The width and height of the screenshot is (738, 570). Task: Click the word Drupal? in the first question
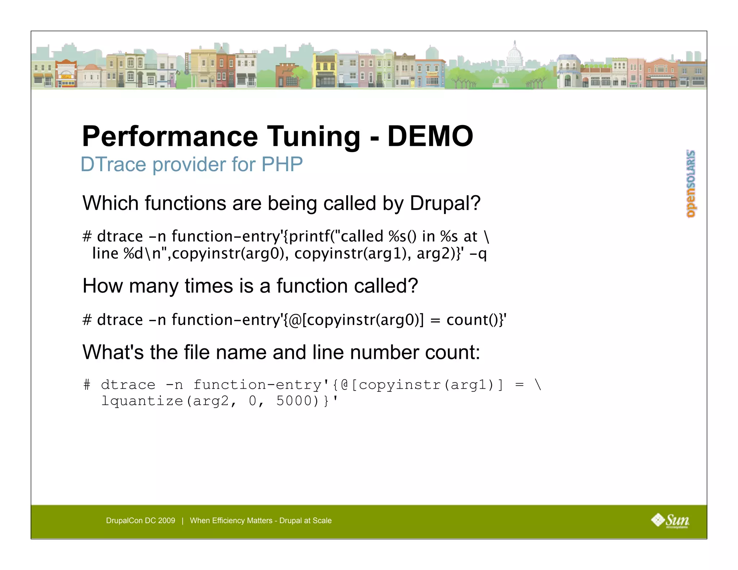click(445, 203)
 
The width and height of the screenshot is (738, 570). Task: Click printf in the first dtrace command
click(307, 236)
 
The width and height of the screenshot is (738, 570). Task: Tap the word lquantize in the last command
click(142, 401)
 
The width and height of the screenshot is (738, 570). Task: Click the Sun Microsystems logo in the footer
click(670, 521)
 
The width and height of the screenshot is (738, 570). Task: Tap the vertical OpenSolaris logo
click(691, 184)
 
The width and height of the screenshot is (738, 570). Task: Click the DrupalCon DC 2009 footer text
click(141, 521)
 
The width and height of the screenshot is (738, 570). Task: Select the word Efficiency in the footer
click(231, 521)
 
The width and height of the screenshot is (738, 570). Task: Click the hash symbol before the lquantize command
click(87, 385)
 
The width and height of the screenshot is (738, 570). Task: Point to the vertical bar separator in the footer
click(183, 521)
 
